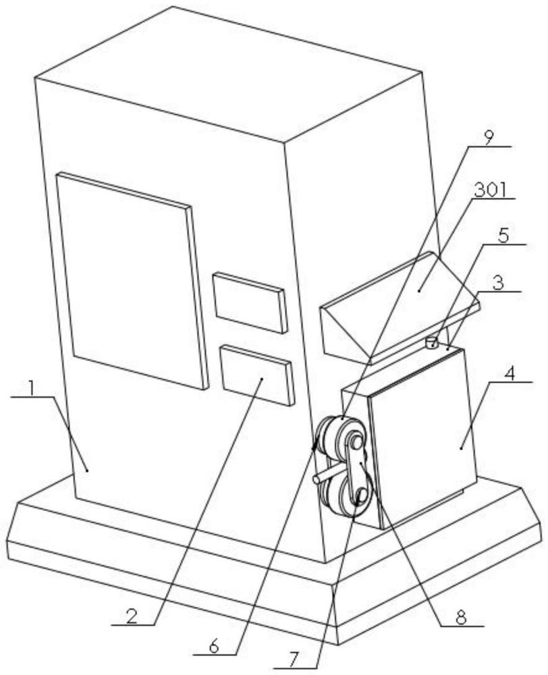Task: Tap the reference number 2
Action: click(x=132, y=616)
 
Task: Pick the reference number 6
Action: click(x=215, y=656)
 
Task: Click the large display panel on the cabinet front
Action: click(x=132, y=281)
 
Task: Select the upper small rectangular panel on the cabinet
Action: click(x=250, y=302)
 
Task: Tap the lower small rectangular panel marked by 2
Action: click(x=258, y=375)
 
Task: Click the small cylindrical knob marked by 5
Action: click(x=431, y=343)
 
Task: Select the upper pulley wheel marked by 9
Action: click(x=341, y=438)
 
